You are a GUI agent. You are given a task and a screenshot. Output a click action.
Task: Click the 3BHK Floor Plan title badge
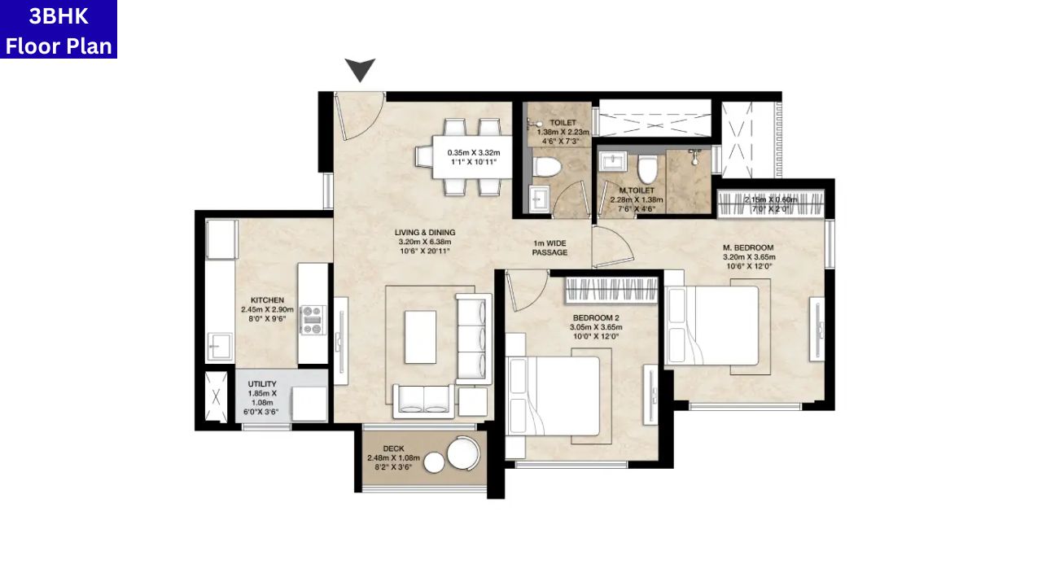(x=59, y=29)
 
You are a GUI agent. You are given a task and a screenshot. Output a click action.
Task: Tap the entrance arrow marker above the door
(x=360, y=70)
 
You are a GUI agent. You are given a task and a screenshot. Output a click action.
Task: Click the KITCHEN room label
(x=267, y=300)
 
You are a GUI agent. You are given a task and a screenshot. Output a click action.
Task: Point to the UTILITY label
(x=262, y=384)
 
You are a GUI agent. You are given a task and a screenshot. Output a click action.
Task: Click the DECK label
(x=393, y=448)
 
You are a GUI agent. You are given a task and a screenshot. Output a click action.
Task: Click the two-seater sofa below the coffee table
(x=423, y=400)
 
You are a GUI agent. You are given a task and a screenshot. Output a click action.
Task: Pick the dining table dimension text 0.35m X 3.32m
(x=473, y=152)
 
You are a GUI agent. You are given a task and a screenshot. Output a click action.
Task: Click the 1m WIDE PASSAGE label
(x=549, y=247)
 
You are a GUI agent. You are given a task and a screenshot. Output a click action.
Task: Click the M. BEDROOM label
(x=747, y=247)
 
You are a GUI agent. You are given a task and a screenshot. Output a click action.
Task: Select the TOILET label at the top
(x=563, y=123)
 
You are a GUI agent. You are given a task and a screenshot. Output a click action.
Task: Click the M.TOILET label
(x=636, y=190)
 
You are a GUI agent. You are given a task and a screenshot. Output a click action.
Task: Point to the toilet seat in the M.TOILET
(x=648, y=168)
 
